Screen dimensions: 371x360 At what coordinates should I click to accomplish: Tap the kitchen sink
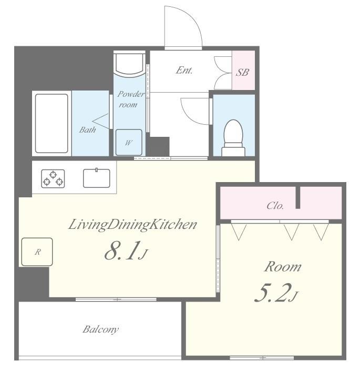tap(97, 177)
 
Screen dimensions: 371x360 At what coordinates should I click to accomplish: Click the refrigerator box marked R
tap(36, 252)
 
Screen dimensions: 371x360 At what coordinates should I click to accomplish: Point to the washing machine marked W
tap(129, 141)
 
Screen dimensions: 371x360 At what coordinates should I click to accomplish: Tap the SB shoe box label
tap(242, 72)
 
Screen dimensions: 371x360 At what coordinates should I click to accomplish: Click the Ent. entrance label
tap(184, 70)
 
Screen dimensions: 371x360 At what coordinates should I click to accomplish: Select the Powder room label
tap(128, 99)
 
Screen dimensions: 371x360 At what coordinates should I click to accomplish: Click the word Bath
tap(87, 129)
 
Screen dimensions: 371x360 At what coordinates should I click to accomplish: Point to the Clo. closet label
tap(275, 206)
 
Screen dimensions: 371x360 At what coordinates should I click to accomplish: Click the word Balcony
tap(100, 330)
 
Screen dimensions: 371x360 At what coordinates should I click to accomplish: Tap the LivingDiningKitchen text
tap(132, 225)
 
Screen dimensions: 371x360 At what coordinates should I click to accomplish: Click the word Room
tap(282, 267)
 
